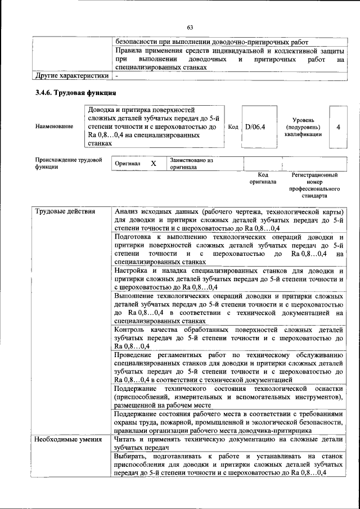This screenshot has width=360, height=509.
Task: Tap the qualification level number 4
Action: click(338, 127)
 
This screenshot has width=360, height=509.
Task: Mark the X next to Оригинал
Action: click(153, 163)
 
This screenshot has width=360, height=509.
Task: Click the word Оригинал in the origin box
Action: click(127, 163)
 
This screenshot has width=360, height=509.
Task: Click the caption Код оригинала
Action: click(263, 178)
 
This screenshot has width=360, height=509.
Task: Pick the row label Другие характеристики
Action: click(71, 75)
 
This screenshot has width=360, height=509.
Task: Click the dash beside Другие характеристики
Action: click(117, 75)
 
